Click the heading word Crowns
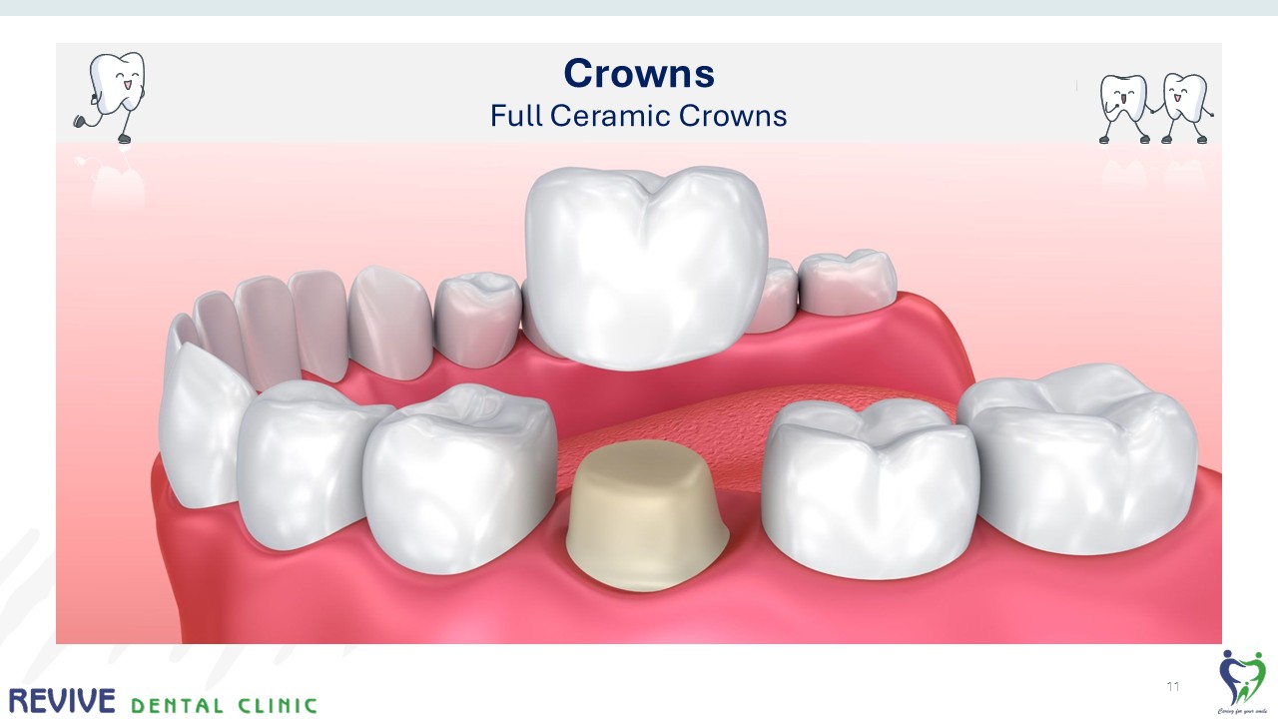(x=639, y=73)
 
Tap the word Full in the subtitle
(x=515, y=116)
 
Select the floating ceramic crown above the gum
(x=646, y=265)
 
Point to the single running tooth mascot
(x=113, y=95)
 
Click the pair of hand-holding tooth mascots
(x=1155, y=106)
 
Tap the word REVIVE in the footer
(x=62, y=701)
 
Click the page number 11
(x=1173, y=687)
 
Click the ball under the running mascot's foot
(x=79, y=122)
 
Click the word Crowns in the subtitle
(x=733, y=116)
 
